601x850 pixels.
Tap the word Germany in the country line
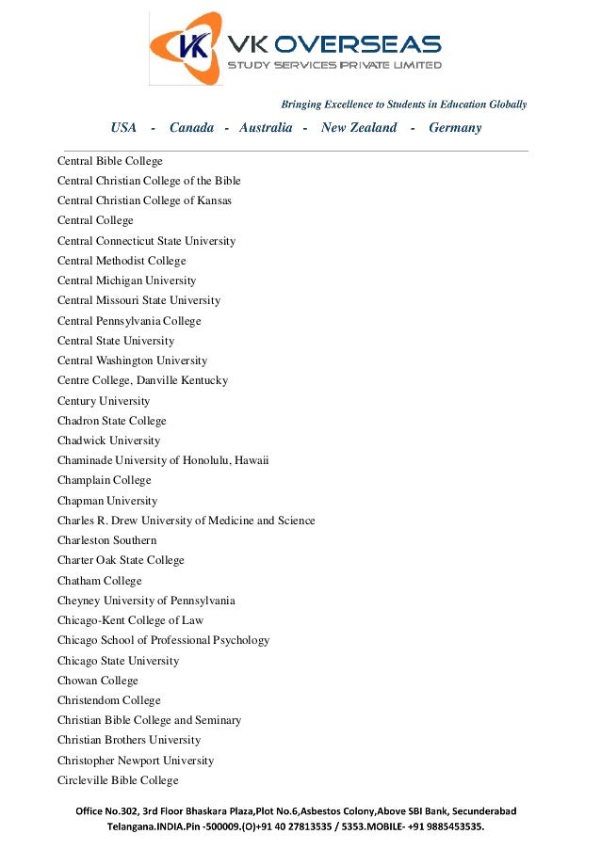tap(455, 128)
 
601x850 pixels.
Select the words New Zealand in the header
tap(359, 128)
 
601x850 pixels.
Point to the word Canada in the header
tap(191, 128)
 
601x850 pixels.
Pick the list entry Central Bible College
tap(110, 161)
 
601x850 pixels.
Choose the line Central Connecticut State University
tap(146, 241)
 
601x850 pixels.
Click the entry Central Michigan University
tap(126, 281)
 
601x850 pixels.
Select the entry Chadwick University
tap(108, 441)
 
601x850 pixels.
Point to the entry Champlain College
tap(104, 480)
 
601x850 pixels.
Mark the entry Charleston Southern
tap(106, 540)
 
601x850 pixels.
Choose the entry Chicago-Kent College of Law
tap(130, 620)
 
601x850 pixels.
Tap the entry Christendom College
tap(108, 700)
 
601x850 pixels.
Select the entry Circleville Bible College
tap(118, 780)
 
